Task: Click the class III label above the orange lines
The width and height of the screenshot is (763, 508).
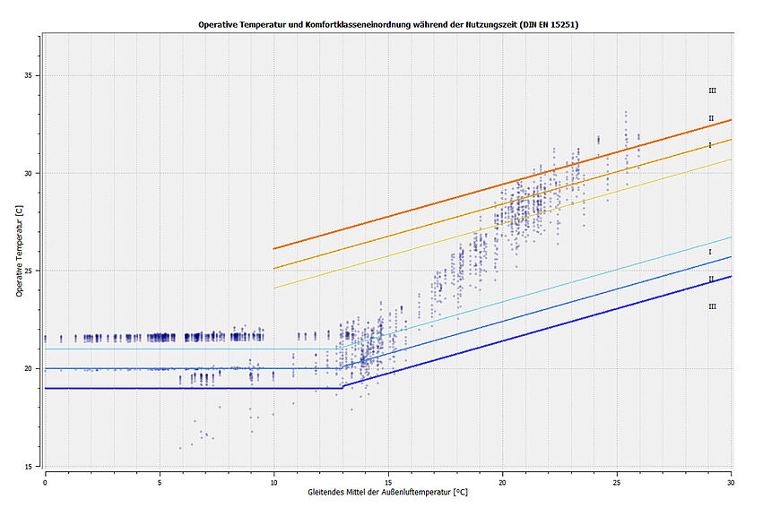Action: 712,90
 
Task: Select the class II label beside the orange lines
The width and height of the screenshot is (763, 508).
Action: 711,118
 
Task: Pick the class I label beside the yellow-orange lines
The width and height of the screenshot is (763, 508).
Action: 710,145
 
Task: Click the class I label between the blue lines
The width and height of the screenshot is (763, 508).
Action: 710,252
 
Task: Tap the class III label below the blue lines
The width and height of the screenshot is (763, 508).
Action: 712,306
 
